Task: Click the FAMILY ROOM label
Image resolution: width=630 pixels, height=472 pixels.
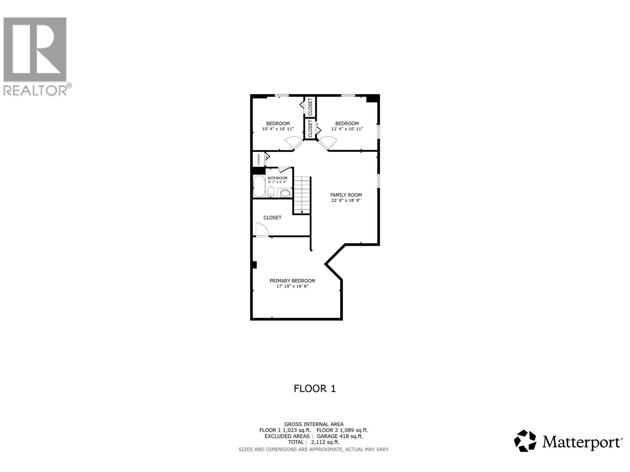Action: [x=346, y=195]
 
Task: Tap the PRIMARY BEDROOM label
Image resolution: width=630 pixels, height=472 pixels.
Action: [x=292, y=281]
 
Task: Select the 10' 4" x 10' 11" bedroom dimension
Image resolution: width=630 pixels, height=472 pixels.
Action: [x=278, y=129]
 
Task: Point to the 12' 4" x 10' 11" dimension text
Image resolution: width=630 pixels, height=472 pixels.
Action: [x=347, y=129]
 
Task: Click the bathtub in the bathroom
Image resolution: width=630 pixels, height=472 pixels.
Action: [x=259, y=186]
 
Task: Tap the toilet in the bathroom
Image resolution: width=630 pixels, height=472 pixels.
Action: [x=271, y=192]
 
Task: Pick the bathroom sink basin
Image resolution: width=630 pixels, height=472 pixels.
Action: [x=285, y=193]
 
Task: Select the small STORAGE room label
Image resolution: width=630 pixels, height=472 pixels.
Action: [x=259, y=159]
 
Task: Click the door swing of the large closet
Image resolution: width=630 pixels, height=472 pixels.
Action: [x=261, y=229]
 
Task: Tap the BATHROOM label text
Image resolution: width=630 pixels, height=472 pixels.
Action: [x=277, y=178]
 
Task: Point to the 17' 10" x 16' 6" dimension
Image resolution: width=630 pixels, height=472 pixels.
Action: [x=292, y=286]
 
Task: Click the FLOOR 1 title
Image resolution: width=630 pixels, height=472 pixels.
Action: [x=315, y=389]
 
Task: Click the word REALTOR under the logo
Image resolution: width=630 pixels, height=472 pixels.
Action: [x=35, y=90]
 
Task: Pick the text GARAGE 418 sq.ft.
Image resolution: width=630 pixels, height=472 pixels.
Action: [x=339, y=436]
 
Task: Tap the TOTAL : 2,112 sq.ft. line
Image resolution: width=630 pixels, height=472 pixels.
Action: [x=314, y=442]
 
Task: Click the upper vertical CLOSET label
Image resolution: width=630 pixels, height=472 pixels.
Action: [x=310, y=107]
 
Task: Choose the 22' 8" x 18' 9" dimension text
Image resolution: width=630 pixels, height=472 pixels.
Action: [x=346, y=200]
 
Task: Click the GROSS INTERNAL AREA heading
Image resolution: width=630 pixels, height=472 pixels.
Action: [x=314, y=424]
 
